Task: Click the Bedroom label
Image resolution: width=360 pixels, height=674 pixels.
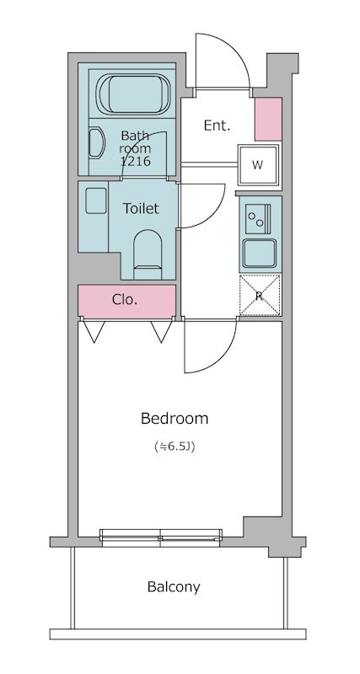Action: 175,418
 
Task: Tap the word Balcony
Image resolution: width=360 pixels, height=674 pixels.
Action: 174,586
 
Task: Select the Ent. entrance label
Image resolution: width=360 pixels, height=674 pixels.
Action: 218,126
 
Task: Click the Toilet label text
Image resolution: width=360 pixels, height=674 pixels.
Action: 141,208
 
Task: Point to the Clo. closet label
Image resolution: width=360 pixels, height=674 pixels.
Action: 125,300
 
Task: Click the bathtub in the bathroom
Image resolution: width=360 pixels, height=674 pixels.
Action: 133,94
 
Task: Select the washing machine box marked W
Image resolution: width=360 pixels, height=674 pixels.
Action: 259,165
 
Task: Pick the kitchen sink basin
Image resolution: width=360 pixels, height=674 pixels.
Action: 260,254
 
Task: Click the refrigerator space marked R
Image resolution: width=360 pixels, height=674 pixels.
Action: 260,296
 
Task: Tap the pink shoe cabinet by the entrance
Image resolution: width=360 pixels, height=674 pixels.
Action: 268,119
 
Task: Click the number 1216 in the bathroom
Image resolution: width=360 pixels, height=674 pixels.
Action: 135,162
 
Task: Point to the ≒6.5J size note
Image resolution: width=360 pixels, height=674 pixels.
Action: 175,447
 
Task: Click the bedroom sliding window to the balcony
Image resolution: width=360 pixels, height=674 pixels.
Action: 161,538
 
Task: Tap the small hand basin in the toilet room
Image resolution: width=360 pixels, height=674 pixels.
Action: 96,201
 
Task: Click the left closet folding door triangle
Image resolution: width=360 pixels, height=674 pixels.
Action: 94,331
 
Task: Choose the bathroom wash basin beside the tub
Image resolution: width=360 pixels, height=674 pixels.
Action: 97,142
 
